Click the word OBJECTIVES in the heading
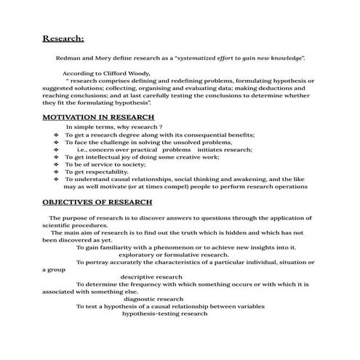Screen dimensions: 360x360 click(72, 201)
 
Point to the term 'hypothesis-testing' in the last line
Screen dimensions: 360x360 click(151, 313)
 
